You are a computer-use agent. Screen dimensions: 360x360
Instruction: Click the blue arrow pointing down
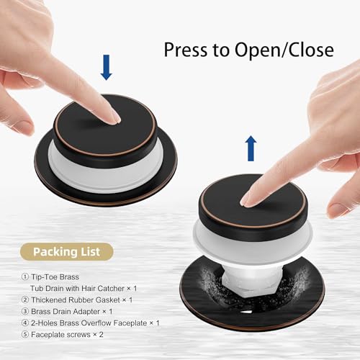coord(107,67)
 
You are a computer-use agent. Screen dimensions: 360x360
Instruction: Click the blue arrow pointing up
coord(251,148)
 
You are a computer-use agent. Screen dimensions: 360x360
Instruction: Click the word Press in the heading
coord(185,50)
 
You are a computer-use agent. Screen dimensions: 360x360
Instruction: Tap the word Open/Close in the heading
coord(284,50)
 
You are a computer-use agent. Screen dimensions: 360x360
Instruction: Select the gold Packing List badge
coord(66,252)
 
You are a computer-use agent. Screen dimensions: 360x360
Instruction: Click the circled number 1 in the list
coord(25,276)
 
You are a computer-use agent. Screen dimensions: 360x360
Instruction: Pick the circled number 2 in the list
coord(25,300)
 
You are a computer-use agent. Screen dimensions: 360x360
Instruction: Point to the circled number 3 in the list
coord(25,311)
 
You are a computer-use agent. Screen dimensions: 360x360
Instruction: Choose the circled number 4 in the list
coord(25,323)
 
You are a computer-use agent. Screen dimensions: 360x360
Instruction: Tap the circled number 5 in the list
coord(25,334)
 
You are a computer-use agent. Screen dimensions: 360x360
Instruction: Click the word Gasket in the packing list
coord(107,300)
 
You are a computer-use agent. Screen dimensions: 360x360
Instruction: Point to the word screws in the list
coord(78,335)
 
